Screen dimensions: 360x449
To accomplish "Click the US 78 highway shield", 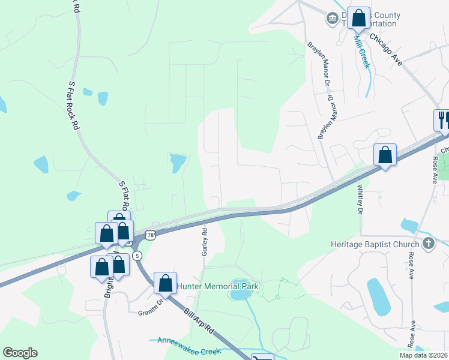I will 151,236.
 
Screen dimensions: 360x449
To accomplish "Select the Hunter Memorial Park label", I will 217,286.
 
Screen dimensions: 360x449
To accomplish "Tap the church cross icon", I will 428,244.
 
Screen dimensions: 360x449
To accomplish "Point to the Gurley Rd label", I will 205,241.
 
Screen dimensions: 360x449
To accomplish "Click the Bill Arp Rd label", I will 199,322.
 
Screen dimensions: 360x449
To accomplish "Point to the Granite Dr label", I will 151,310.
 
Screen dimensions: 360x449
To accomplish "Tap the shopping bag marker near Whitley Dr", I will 385,155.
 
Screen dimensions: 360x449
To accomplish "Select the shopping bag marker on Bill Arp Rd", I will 165,283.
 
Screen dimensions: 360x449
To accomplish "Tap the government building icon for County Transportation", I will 331,19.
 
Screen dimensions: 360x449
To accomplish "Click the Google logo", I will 20,353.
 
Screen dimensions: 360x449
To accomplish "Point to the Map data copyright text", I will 423,355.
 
